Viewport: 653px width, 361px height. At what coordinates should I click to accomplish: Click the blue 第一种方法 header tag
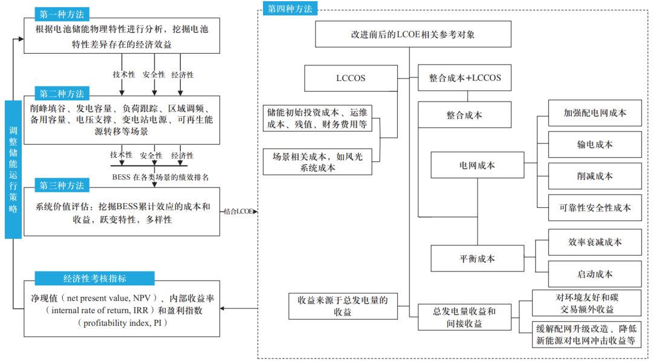tap(62, 13)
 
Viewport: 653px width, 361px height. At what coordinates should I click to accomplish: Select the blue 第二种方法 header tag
tap(62, 94)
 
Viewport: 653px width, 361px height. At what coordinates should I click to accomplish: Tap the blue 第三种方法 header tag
tap(62, 185)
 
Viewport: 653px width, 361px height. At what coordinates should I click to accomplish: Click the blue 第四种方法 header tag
tap(290, 8)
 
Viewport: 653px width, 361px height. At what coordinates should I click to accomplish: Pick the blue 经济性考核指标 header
tap(95, 278)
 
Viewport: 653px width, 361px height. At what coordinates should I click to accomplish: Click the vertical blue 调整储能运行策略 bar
tap(13, 169)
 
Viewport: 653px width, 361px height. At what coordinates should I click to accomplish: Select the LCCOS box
tap(351, 78)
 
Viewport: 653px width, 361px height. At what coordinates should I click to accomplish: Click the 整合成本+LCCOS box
tap(465, 78)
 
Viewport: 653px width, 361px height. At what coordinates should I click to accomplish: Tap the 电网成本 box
tap(477, 164)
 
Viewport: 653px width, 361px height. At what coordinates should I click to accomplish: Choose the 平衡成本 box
tap(477, 258)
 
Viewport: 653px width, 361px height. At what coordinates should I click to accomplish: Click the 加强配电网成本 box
tap(595, 113)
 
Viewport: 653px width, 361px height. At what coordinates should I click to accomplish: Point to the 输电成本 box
tap(595, 145)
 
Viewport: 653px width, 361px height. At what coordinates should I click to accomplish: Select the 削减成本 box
tap(595, 176)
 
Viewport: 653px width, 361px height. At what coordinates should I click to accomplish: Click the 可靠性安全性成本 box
tap(595, 207)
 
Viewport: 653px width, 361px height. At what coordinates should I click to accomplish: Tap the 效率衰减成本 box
tap(595, 242)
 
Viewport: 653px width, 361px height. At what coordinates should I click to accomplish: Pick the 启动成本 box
tap(595, 274)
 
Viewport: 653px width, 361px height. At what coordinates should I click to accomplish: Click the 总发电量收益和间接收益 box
tap(464, 317)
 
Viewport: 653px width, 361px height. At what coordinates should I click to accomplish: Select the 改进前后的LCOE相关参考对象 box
tap(413, 34)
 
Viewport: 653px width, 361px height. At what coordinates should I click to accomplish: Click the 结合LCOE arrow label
tap(238, 212)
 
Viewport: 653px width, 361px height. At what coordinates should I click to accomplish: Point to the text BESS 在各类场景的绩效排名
tap(161, 177)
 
